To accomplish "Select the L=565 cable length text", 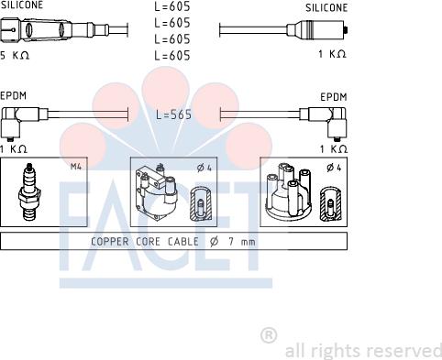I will coord(172,115).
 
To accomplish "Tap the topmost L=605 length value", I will coord(172,7).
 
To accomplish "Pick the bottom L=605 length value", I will coord(172,56).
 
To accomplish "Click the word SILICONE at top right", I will coord(326,7).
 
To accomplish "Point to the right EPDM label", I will coord(334,95).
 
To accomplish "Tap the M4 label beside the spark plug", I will coord(75,167).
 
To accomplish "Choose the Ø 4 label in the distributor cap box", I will coord(333,167).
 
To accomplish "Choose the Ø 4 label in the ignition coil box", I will coord(204,167).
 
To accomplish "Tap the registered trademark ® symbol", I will coord(269,334).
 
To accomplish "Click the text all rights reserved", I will coord(363,351).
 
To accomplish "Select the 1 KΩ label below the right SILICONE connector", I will coord(332,54).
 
